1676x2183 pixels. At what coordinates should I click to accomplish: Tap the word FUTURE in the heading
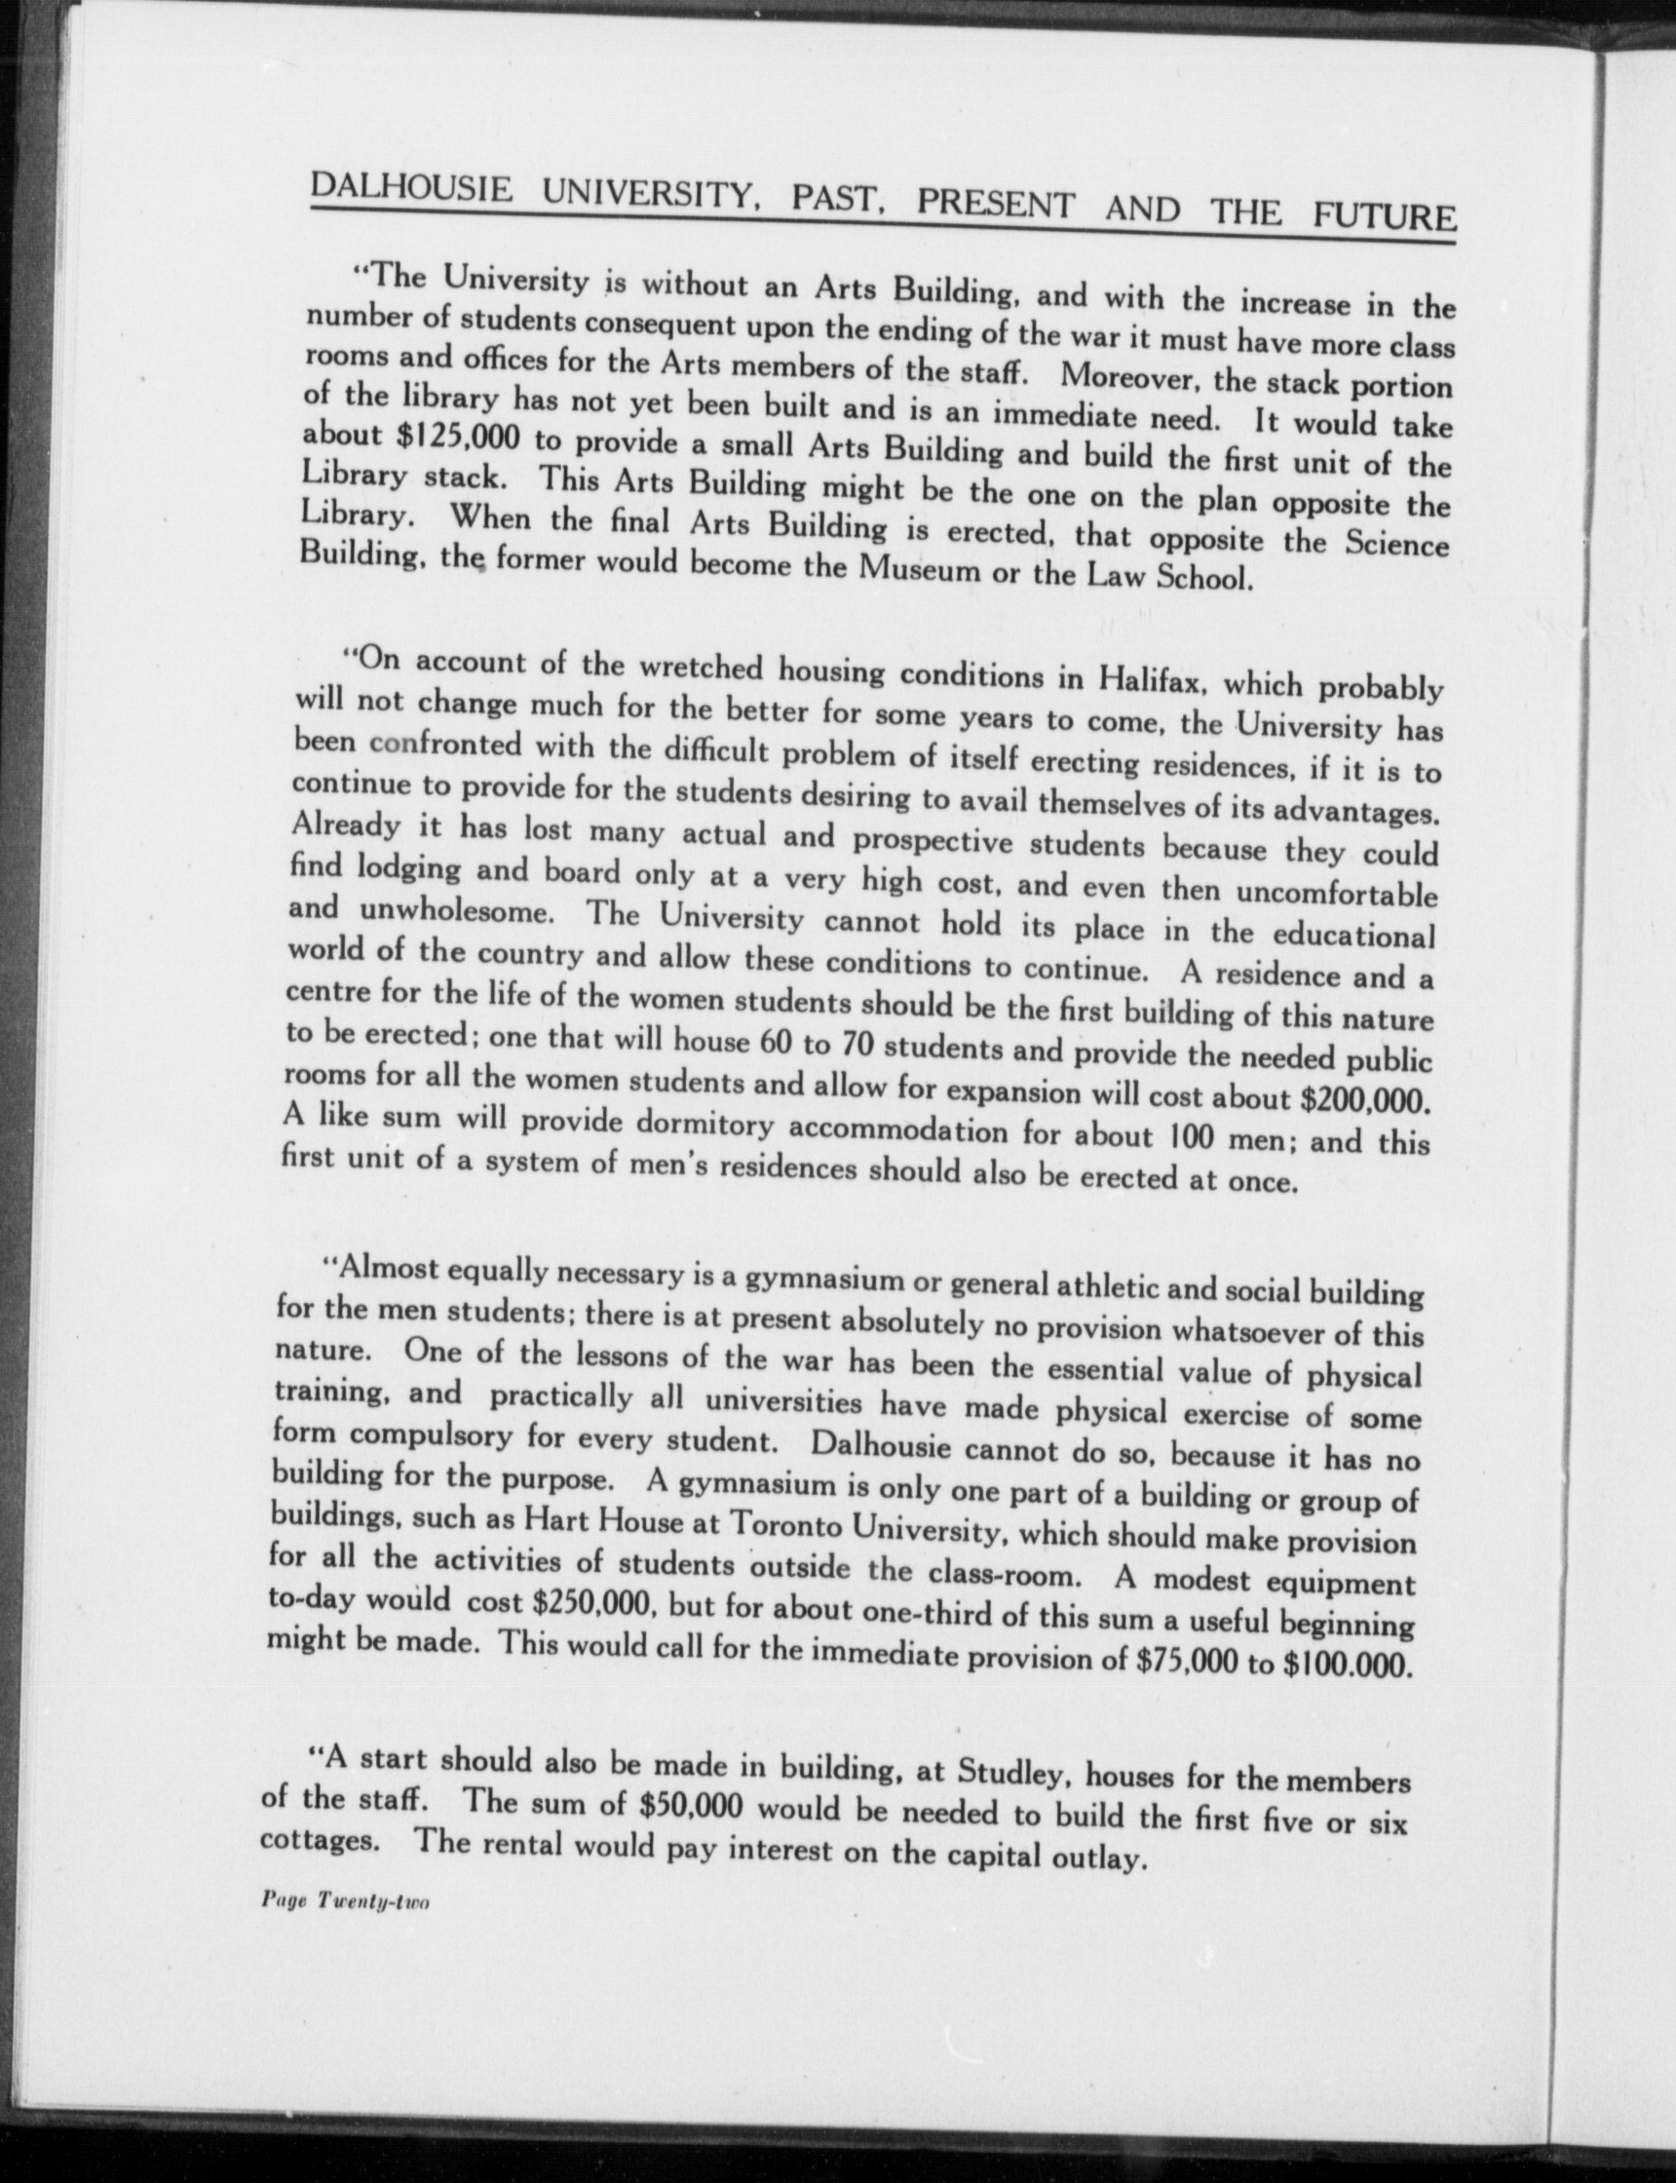[x=1384, y=213]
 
